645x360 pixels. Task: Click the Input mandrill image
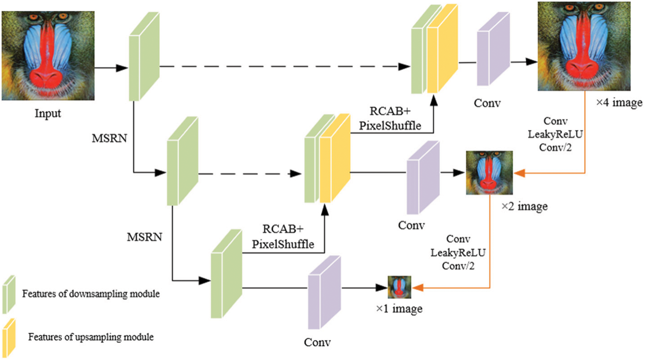[x=48, y=55]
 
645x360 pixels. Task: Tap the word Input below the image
[x=48, y=114]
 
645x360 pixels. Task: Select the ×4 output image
[x=584, y=46]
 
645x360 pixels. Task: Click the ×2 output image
[x=489, y=172]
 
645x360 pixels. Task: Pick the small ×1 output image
[x=399, y=287]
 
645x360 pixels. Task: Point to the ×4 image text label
[x=619, y=103]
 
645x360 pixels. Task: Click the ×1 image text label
[x=399, y=309]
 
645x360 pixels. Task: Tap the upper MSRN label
[x=109, y=138]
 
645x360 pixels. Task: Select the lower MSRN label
[x=144, y=237]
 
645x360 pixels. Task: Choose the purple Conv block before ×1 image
[x=324, y=292]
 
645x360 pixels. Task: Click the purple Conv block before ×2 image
[x=423, y=178]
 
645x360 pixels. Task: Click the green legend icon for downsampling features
[x=9, y=295]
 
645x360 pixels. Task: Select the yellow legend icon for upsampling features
[x=9, y=337]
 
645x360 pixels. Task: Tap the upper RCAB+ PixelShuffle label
[x=390, y=118]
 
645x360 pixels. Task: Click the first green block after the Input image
[x=144, y=57]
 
